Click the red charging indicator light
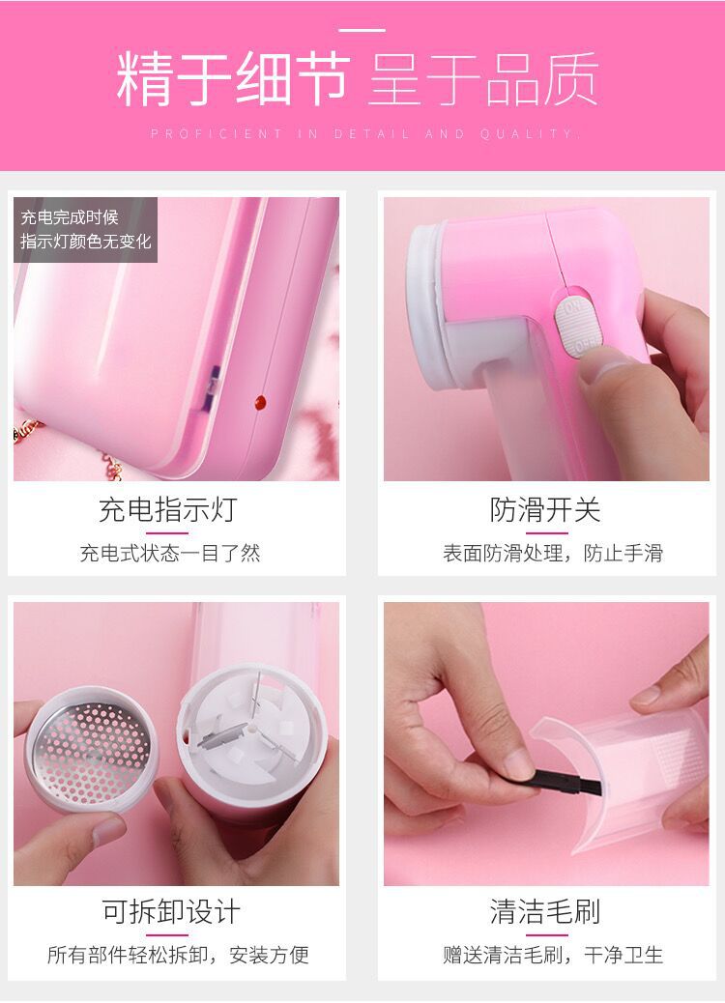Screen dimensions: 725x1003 click(x=260, y=402)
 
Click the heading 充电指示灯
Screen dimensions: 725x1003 click(x=167, y=510)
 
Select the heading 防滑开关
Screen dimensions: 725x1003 click(x=545, y=510)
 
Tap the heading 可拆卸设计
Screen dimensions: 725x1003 click(x=171, y=911)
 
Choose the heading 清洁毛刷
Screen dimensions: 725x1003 click(x=545, y=911)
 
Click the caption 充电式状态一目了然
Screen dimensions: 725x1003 click(x=170, y=553)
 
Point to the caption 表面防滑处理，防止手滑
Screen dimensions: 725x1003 click(x=553, y=553)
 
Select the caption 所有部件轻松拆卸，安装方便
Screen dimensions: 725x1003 click(x=178, y=955)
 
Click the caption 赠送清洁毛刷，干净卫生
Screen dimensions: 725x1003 click(x=553, y=955)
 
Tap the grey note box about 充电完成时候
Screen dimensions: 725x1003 click(x=86, y=230)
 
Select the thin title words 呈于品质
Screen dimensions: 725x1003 click(x=483, y=79)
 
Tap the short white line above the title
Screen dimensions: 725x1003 click(x=362, y=30)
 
